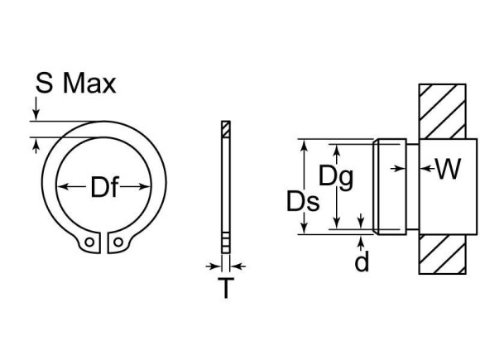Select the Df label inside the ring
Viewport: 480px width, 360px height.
(x=105, y=189)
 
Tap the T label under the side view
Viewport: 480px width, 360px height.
(x=224, y=290)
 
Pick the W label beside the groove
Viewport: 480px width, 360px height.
(x=447, y=169)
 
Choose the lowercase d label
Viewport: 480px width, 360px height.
(x=362, y=262)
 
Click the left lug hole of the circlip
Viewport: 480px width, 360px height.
(x=88, y=243)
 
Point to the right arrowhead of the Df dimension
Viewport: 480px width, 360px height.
(x=151, y=188)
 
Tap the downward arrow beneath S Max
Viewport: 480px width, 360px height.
(x=36, y=114)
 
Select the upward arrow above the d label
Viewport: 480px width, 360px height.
(x=362, y=241)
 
